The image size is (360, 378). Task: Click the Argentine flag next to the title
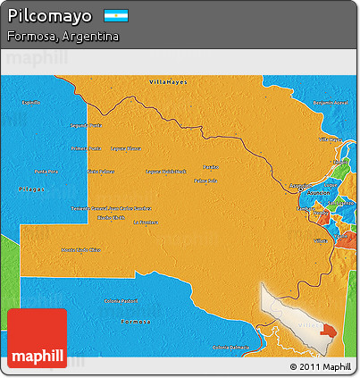116,16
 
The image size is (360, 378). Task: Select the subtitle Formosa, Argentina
62,37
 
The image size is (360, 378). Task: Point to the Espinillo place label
30,104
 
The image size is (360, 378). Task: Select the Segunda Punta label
87,125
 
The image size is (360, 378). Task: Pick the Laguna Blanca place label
126,148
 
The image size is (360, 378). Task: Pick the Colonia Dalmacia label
231,347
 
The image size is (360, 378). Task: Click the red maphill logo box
37,340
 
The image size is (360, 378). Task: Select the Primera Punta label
86,148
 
